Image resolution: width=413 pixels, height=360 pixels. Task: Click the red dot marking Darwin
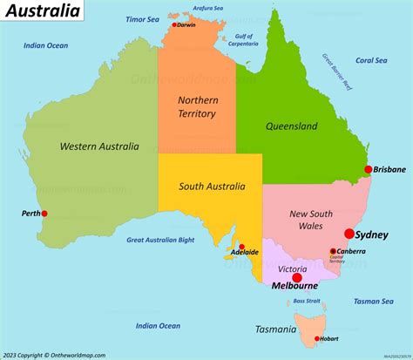pos(175,25)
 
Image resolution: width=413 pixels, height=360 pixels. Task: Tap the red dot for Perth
pos(44,214)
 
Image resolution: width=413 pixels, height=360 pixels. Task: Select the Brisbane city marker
pos(369,169)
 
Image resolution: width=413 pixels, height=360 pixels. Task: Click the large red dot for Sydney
pos(349,234)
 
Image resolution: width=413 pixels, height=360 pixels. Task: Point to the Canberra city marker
pos(333,252)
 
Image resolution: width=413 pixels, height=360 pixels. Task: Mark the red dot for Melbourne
pos(296,277)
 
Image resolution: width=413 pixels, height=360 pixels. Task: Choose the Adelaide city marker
pos(241,247)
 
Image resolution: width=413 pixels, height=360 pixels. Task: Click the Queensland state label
pos(290,126)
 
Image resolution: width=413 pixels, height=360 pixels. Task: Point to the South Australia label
pos(212,186)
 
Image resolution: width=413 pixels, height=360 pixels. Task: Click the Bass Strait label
pos(306,301)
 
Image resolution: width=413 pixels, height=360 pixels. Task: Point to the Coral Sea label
pos(370,60)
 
